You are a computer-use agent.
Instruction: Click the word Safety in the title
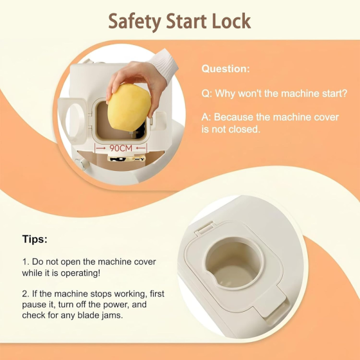pyautogui.click(x=134, y=22)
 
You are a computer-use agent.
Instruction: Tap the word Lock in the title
pyautogui.click(x=231, y=21)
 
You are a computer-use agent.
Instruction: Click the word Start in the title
pyautogui.click(x=186, y=21)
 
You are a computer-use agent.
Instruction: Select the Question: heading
pyautogui.click(x=226, y=69)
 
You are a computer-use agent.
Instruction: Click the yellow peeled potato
pyautogui.click(x=129, y=107)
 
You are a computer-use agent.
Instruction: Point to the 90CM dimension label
pyautogui.click(x=121, y=148)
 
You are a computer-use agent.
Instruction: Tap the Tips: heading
pyautogui.click(x=35, y=239)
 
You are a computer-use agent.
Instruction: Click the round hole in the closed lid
pyautogui.click(x=234, y=264)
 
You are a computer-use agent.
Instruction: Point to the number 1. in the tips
pyautogui.click(x=26, y=262)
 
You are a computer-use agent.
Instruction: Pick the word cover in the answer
pyautogui.click(x=327, y=117)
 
